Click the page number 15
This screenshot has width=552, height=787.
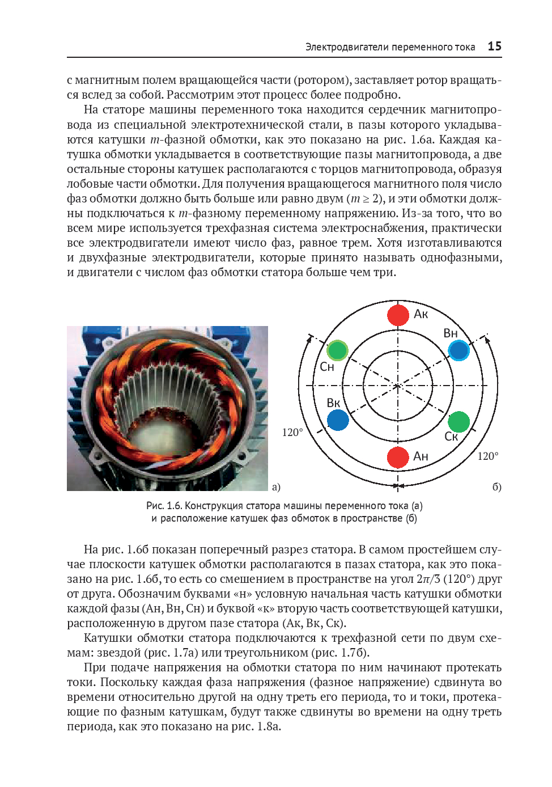[494, 46]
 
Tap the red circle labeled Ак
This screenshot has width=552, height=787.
[398, 315]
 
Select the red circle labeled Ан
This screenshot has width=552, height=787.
[398, 457]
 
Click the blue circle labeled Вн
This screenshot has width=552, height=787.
[458, 350]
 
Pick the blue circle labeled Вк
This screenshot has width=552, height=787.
[338, 420]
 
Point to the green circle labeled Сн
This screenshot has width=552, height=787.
[337, 350]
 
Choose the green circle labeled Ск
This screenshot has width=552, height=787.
[458, 421]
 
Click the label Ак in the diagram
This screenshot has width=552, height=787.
[421, 314]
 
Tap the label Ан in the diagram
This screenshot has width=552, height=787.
[421, 456]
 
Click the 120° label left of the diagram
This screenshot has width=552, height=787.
[292, 433]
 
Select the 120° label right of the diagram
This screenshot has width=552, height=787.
[487, 456]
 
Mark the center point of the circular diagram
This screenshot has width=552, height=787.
[398, 386]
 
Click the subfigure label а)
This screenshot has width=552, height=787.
[276, 486]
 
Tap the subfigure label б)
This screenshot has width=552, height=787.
[496, 486]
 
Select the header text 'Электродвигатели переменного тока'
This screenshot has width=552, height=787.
[390, 47]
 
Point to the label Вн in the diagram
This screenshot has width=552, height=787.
[451, 333]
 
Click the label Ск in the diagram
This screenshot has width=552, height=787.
[451, 437]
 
